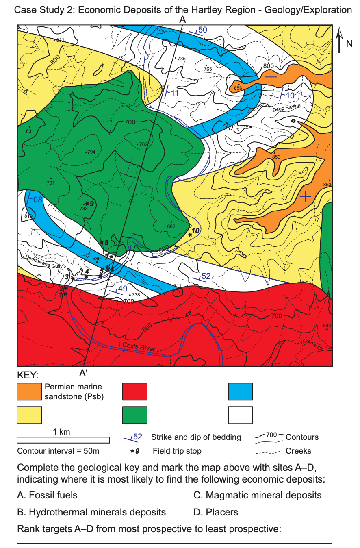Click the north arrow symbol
(x=340, y=40)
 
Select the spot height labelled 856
(x=238, y=88)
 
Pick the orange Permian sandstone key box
(x=29, y=391)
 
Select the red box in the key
(x=134, y=391)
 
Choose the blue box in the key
(x=241, y=391)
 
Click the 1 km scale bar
(x=63, y=440)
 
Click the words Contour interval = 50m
(x=58, y=451)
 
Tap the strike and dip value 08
(x=37, y=200)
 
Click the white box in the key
(x=241, y=415)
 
